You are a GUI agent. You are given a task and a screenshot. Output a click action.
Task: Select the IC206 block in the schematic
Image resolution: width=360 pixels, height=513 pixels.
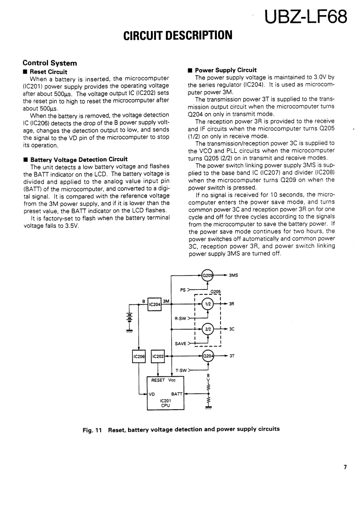[139, 356]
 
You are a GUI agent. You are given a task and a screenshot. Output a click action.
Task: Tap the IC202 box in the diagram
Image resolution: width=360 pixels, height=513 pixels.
[157, 356]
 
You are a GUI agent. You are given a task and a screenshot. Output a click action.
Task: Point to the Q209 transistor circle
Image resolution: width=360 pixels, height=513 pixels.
[208, 275]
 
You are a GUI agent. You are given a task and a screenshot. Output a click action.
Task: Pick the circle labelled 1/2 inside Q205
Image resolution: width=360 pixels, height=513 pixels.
[208, 304]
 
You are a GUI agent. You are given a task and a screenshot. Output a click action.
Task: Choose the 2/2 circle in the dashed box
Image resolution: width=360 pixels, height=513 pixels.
[208, 329]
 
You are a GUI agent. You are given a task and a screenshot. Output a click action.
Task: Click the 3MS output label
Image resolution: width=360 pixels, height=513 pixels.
[234, 276]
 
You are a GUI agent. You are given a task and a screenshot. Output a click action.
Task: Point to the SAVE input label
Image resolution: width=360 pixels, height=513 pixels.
[180, 343]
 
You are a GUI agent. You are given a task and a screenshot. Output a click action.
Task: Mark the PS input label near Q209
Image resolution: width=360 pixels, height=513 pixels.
[183, 289]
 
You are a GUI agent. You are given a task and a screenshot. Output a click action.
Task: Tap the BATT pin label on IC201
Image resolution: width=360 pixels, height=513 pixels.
[176, 393]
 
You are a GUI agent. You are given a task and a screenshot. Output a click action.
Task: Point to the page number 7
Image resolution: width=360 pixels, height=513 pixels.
[345, 467]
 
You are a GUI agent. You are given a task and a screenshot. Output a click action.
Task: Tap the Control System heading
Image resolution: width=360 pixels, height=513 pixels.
[49, 63]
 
